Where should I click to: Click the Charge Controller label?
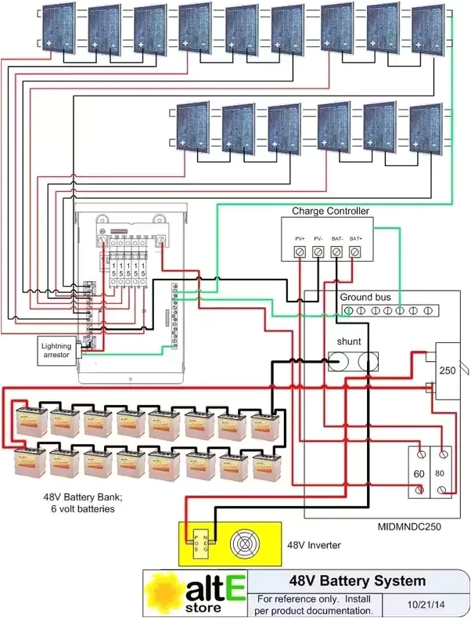[326, 211]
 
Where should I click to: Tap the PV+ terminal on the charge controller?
[300, 251]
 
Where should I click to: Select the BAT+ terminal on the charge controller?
[355, 251]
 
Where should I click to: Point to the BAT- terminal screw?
[336, 251]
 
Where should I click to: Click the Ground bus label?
[366, 298]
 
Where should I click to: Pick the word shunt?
[349, 342]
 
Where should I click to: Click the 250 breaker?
[448, 370]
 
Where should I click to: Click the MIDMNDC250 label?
[408, 527]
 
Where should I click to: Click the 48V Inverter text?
[314, 543]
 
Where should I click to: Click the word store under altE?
[205, 607]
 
